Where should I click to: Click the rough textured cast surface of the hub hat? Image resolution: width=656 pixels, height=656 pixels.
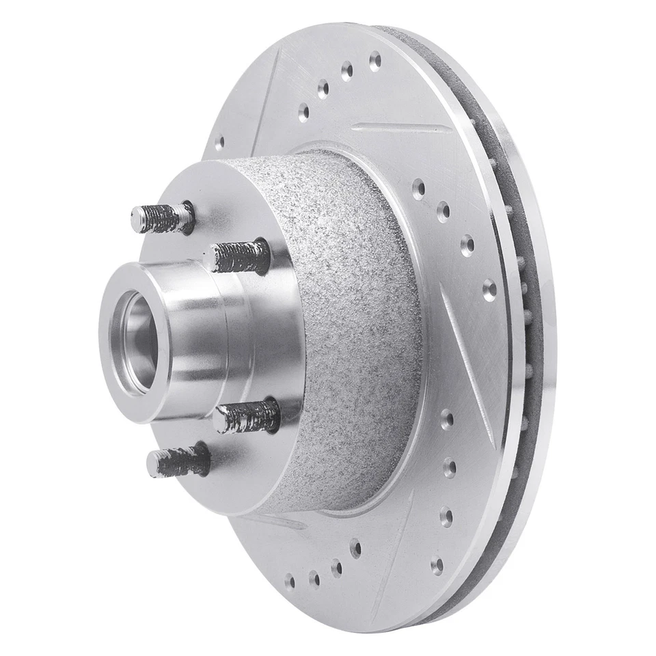click(x=355, y=328)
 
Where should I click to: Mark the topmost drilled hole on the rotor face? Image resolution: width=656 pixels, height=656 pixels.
click(x=374, y=60)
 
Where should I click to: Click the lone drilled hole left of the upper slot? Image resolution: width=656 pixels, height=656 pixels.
click(x=219, y=143)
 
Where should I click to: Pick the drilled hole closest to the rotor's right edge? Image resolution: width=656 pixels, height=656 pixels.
click(x=489, y=290)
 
